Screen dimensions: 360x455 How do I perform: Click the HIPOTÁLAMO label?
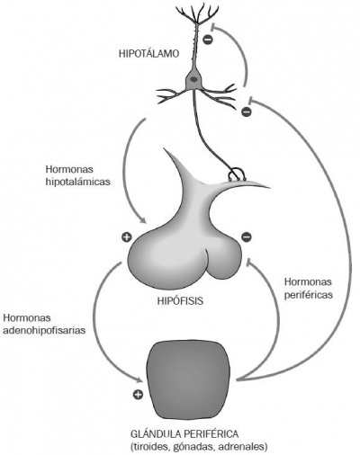(x=149, y=54)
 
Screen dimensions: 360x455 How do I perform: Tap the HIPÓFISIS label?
(x=180, y=301)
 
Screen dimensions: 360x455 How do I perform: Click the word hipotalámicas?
(x=78, y=182)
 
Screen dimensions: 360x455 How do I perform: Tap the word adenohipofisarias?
(x=44, y=330)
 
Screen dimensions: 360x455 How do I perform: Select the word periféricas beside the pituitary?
(x=309, y=295)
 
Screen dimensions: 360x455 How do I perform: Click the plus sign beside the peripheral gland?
(x=138, y=395)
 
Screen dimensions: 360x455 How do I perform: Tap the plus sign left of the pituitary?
(x=127, y=237)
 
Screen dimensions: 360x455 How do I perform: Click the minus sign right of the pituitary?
(x=247, y=237)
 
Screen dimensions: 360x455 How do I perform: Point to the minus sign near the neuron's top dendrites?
(x=208, y=40)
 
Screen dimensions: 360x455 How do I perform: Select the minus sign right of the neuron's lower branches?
(x=247, y=112)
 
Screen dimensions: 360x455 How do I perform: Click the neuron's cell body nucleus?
(x=194, y=79)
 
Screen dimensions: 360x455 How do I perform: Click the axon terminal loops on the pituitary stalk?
(x=238, y=175)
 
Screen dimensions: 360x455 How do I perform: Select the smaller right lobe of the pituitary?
(x=223, y=259)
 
